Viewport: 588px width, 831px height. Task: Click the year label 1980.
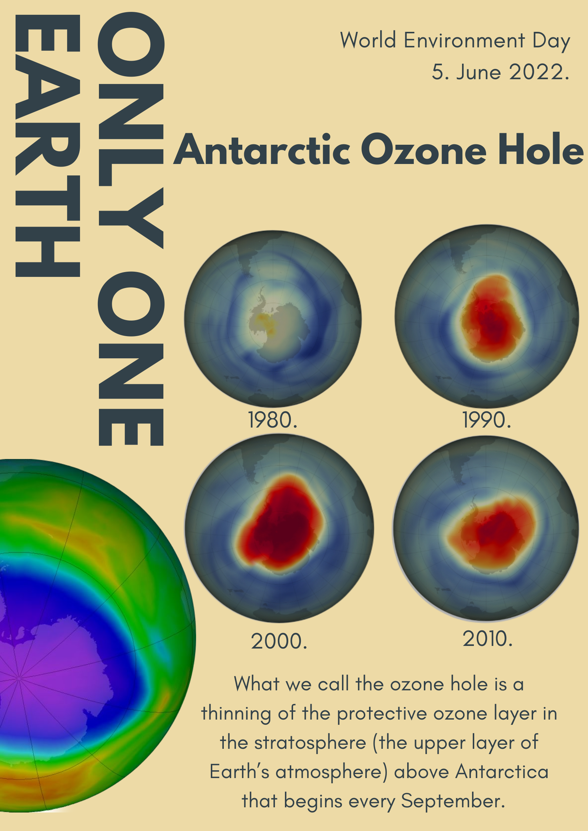tap(273, 420)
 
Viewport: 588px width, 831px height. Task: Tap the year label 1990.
tap(486, 420)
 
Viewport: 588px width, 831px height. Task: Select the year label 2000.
tap(279, 641)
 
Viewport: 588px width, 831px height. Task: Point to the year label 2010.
tap(487, 639)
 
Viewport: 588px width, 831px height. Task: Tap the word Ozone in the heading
tap(424, 150)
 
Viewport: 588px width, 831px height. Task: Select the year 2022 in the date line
tap(539, 71)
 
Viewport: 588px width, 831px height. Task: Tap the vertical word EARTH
tap(48, 145)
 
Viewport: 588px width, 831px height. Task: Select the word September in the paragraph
tap(453, 801)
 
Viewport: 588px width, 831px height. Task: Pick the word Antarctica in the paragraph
tap(502, 772)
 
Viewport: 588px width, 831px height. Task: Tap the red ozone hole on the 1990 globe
tap(492, 318)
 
